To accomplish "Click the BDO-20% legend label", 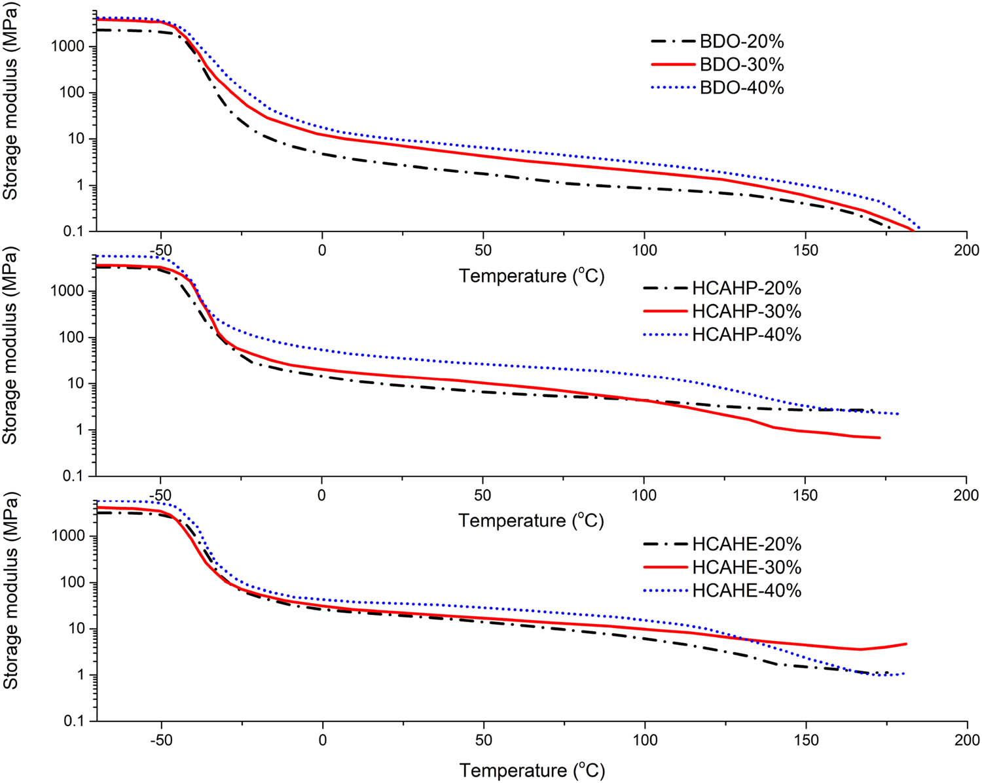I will pyautogui.click(x=741, y=42).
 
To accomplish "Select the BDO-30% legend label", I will pyautogui.click(x=741, y=65).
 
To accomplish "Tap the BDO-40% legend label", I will pyautogui.click(x=741, y=88).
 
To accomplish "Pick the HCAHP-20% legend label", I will pyautogui.click(x=746, y=288).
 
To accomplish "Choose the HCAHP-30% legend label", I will pyautogui.click(x=746, y=311).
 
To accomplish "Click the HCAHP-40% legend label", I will pyautogui.click(x=746, y=334).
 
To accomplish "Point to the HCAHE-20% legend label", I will pyautogui.click(x=746, y=544).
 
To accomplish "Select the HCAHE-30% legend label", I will pyautogui.click(x=746, y=567).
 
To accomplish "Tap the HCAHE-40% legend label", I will pyautogui.click(x=746, y=590).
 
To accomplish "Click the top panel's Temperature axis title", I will pyautogui.click(x=531, y=276).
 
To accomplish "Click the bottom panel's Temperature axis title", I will pyautogui.click(x=531, y=770).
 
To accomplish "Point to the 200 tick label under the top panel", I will pyautogui.click(x=966, y=251).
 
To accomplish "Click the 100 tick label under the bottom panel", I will pyautogui.click(x=645, y=740).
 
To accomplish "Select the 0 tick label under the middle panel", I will pyautogui.click(x=321, y=495).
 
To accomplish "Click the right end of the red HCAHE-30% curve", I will pyautogui.click(x=906, y=644).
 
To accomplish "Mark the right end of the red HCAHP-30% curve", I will pyautogui.click(x=879, y=438).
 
